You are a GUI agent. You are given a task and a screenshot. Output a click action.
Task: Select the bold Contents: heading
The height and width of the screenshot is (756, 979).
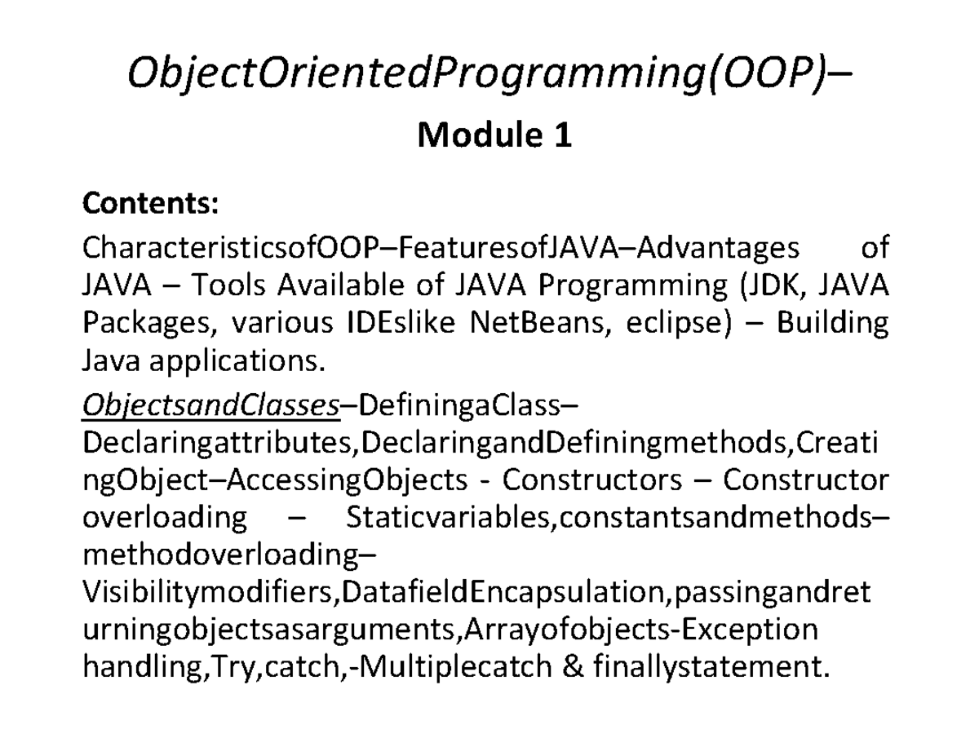click(149, 204)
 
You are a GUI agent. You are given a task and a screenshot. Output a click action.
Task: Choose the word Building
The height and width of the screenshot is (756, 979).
click(833, 324)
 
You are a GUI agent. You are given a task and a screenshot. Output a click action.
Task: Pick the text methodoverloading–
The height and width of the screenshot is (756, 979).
click(230, 555)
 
